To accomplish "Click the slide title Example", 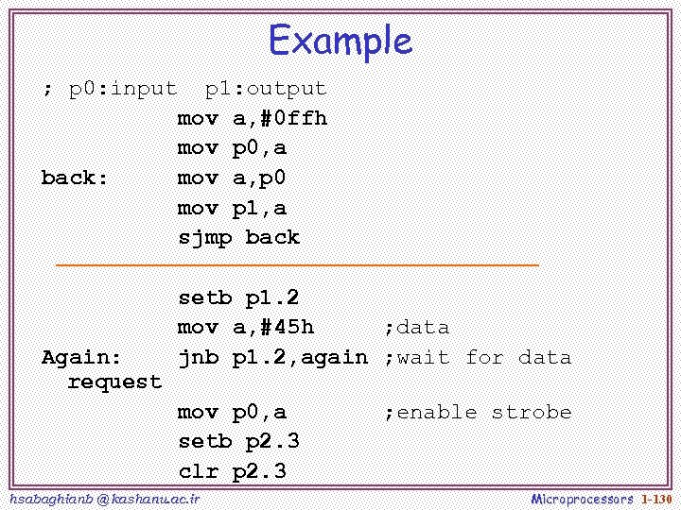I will (x=340, y=41).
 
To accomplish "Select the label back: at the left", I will (x=76, y=178).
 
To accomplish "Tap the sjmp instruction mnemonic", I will (x=205, y=237).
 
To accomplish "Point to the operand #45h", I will (x=281, y=327).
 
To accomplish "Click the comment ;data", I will (x=416, y=327).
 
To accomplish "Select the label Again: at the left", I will (x=82, y=357).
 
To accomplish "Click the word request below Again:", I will (x=115, y=382).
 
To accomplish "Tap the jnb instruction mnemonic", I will (x=199, y=357).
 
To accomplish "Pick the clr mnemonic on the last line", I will (x=199, y=470).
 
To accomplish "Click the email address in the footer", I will (x=103, y=498).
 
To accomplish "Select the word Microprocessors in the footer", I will (x=582, y=498).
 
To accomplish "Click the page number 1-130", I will (x=655, y=498).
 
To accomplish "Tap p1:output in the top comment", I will (x=266, y=89).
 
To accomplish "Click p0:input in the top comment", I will (x=123, y=89).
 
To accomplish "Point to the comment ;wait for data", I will (x=478, y=357).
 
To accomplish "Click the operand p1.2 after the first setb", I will (x=272, y=297).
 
